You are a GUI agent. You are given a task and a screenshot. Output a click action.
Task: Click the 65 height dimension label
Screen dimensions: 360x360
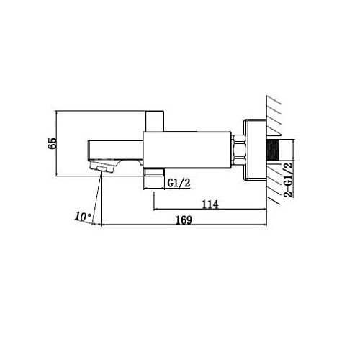[53, 143]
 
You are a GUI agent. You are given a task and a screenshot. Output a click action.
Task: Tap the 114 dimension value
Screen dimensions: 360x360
[210, 204]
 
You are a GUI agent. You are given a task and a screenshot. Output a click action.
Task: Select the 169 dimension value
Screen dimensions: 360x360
[184, 220]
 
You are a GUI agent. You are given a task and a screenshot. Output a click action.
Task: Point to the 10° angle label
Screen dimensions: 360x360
[83, 217]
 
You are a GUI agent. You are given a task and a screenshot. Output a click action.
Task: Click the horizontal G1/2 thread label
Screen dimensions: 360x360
[179, 183]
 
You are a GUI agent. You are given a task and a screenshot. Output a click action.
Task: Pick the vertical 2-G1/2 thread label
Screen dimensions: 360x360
[289, 180]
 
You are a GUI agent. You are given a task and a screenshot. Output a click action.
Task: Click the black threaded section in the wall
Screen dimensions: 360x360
[273, 149]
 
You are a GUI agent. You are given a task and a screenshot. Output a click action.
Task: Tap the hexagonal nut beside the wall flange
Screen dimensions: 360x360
[238, 150]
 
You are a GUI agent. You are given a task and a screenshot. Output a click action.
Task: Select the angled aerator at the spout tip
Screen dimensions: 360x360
[103, 166]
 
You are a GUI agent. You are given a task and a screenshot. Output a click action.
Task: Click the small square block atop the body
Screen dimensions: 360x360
[155, 121]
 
